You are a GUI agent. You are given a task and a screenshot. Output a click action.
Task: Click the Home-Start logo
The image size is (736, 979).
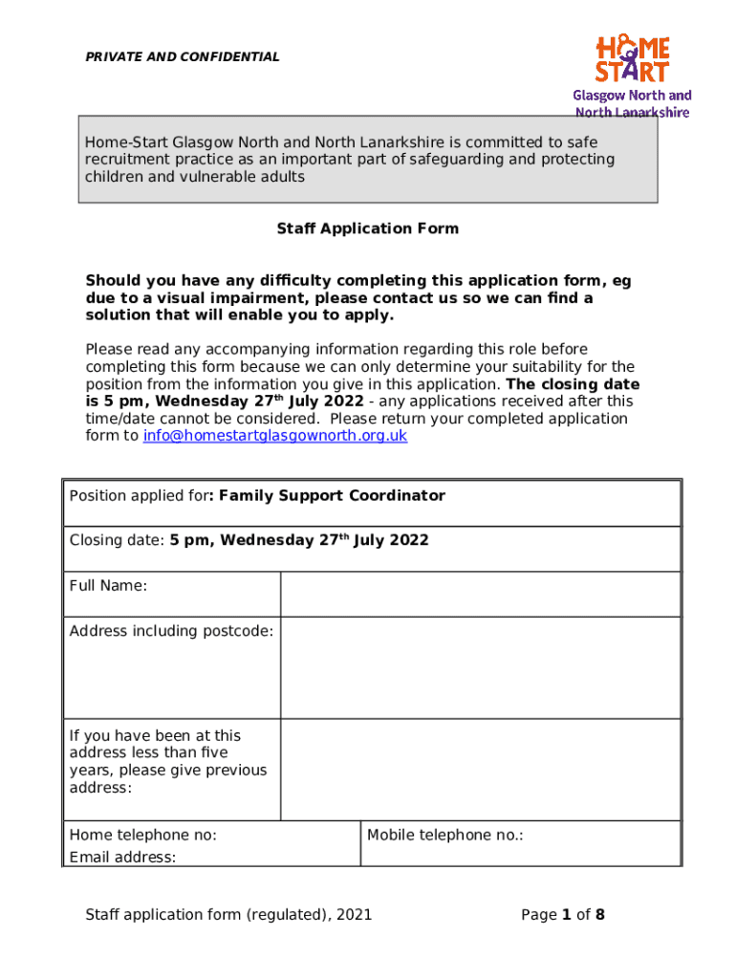633,59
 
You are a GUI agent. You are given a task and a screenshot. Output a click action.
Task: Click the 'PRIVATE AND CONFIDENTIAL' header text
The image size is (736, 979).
183,57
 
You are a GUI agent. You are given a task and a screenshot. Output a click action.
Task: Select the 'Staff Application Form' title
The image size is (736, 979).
367,228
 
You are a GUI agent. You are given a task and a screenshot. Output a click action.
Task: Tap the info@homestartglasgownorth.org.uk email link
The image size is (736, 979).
275,436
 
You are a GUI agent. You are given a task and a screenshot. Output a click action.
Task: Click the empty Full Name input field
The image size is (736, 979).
480,594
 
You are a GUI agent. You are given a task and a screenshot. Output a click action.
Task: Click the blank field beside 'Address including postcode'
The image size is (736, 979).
480,666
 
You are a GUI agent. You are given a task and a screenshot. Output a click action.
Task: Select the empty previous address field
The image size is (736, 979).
480,769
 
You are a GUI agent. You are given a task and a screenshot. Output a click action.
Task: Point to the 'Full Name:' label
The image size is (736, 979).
108,585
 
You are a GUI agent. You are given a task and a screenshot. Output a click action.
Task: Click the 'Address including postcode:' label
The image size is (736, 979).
171,631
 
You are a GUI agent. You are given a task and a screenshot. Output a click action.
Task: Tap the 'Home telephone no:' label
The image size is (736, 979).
142,836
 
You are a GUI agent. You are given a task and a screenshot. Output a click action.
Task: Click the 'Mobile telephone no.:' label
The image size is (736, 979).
445,836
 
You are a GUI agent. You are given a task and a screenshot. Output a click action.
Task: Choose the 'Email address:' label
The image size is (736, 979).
122,858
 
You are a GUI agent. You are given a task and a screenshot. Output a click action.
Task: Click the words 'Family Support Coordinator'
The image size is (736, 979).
332,495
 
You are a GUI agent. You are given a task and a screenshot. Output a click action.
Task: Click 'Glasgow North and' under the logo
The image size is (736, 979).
632,96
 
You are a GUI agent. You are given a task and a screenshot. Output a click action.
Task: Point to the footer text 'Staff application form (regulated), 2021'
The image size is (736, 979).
228,915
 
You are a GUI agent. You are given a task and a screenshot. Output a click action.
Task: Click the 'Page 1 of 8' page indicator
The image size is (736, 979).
563,915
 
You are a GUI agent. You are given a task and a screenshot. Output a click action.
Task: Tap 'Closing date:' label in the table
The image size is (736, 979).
117,541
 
